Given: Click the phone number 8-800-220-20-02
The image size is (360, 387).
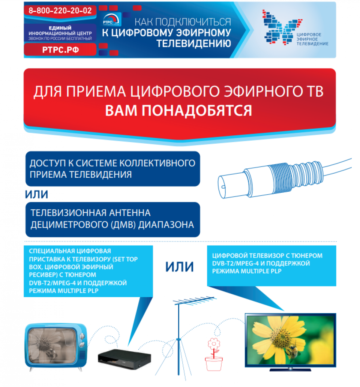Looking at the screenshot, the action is pos(60,10).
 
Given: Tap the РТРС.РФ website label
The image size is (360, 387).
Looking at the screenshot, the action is pos(60,50).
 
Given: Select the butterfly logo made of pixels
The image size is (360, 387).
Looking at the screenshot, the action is pos(282,27).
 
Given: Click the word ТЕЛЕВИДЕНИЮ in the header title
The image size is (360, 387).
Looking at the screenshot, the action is pos(194,43).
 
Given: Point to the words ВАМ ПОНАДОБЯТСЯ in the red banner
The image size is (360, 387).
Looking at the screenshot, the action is pos(178,110).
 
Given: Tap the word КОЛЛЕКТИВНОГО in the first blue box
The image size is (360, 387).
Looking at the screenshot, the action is pos(157,163).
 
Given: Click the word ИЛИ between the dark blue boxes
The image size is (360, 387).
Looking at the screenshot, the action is pos(36,195).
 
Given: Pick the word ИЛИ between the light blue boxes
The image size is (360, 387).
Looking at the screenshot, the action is pos(179,267).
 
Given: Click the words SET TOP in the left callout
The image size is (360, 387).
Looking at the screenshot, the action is pos(126,259).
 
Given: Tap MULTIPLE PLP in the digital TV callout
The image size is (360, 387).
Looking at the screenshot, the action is pos(261,271).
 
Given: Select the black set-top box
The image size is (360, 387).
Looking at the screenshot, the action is pos(124,358).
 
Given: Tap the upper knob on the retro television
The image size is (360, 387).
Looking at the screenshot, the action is pos(81,336).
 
